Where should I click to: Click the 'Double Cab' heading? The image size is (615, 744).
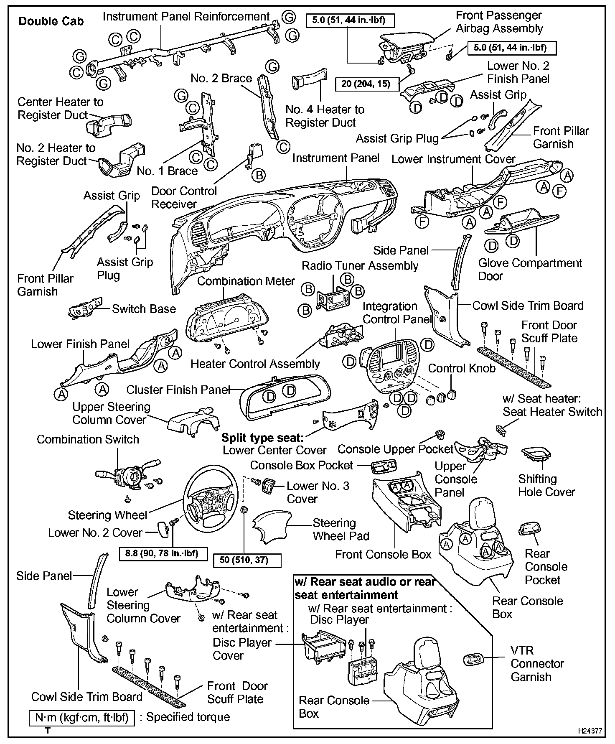[x=51, y=21]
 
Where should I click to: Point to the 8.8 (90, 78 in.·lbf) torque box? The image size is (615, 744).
[x=161, y=553]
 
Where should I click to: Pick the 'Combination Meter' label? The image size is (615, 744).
[x=246, y=281]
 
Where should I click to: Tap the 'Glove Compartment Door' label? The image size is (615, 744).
[x=530, y=270]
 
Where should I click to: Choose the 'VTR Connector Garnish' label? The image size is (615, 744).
[x=537, y=663]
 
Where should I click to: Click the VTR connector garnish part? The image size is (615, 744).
[x=475, y=660]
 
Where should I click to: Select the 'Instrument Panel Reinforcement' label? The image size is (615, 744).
[x=186, y=17]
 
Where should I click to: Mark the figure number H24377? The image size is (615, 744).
[x=590, y=731]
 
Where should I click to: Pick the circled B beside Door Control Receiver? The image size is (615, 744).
[x=259, y=175]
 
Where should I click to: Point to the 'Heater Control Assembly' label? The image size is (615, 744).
[x=255, y=364]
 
